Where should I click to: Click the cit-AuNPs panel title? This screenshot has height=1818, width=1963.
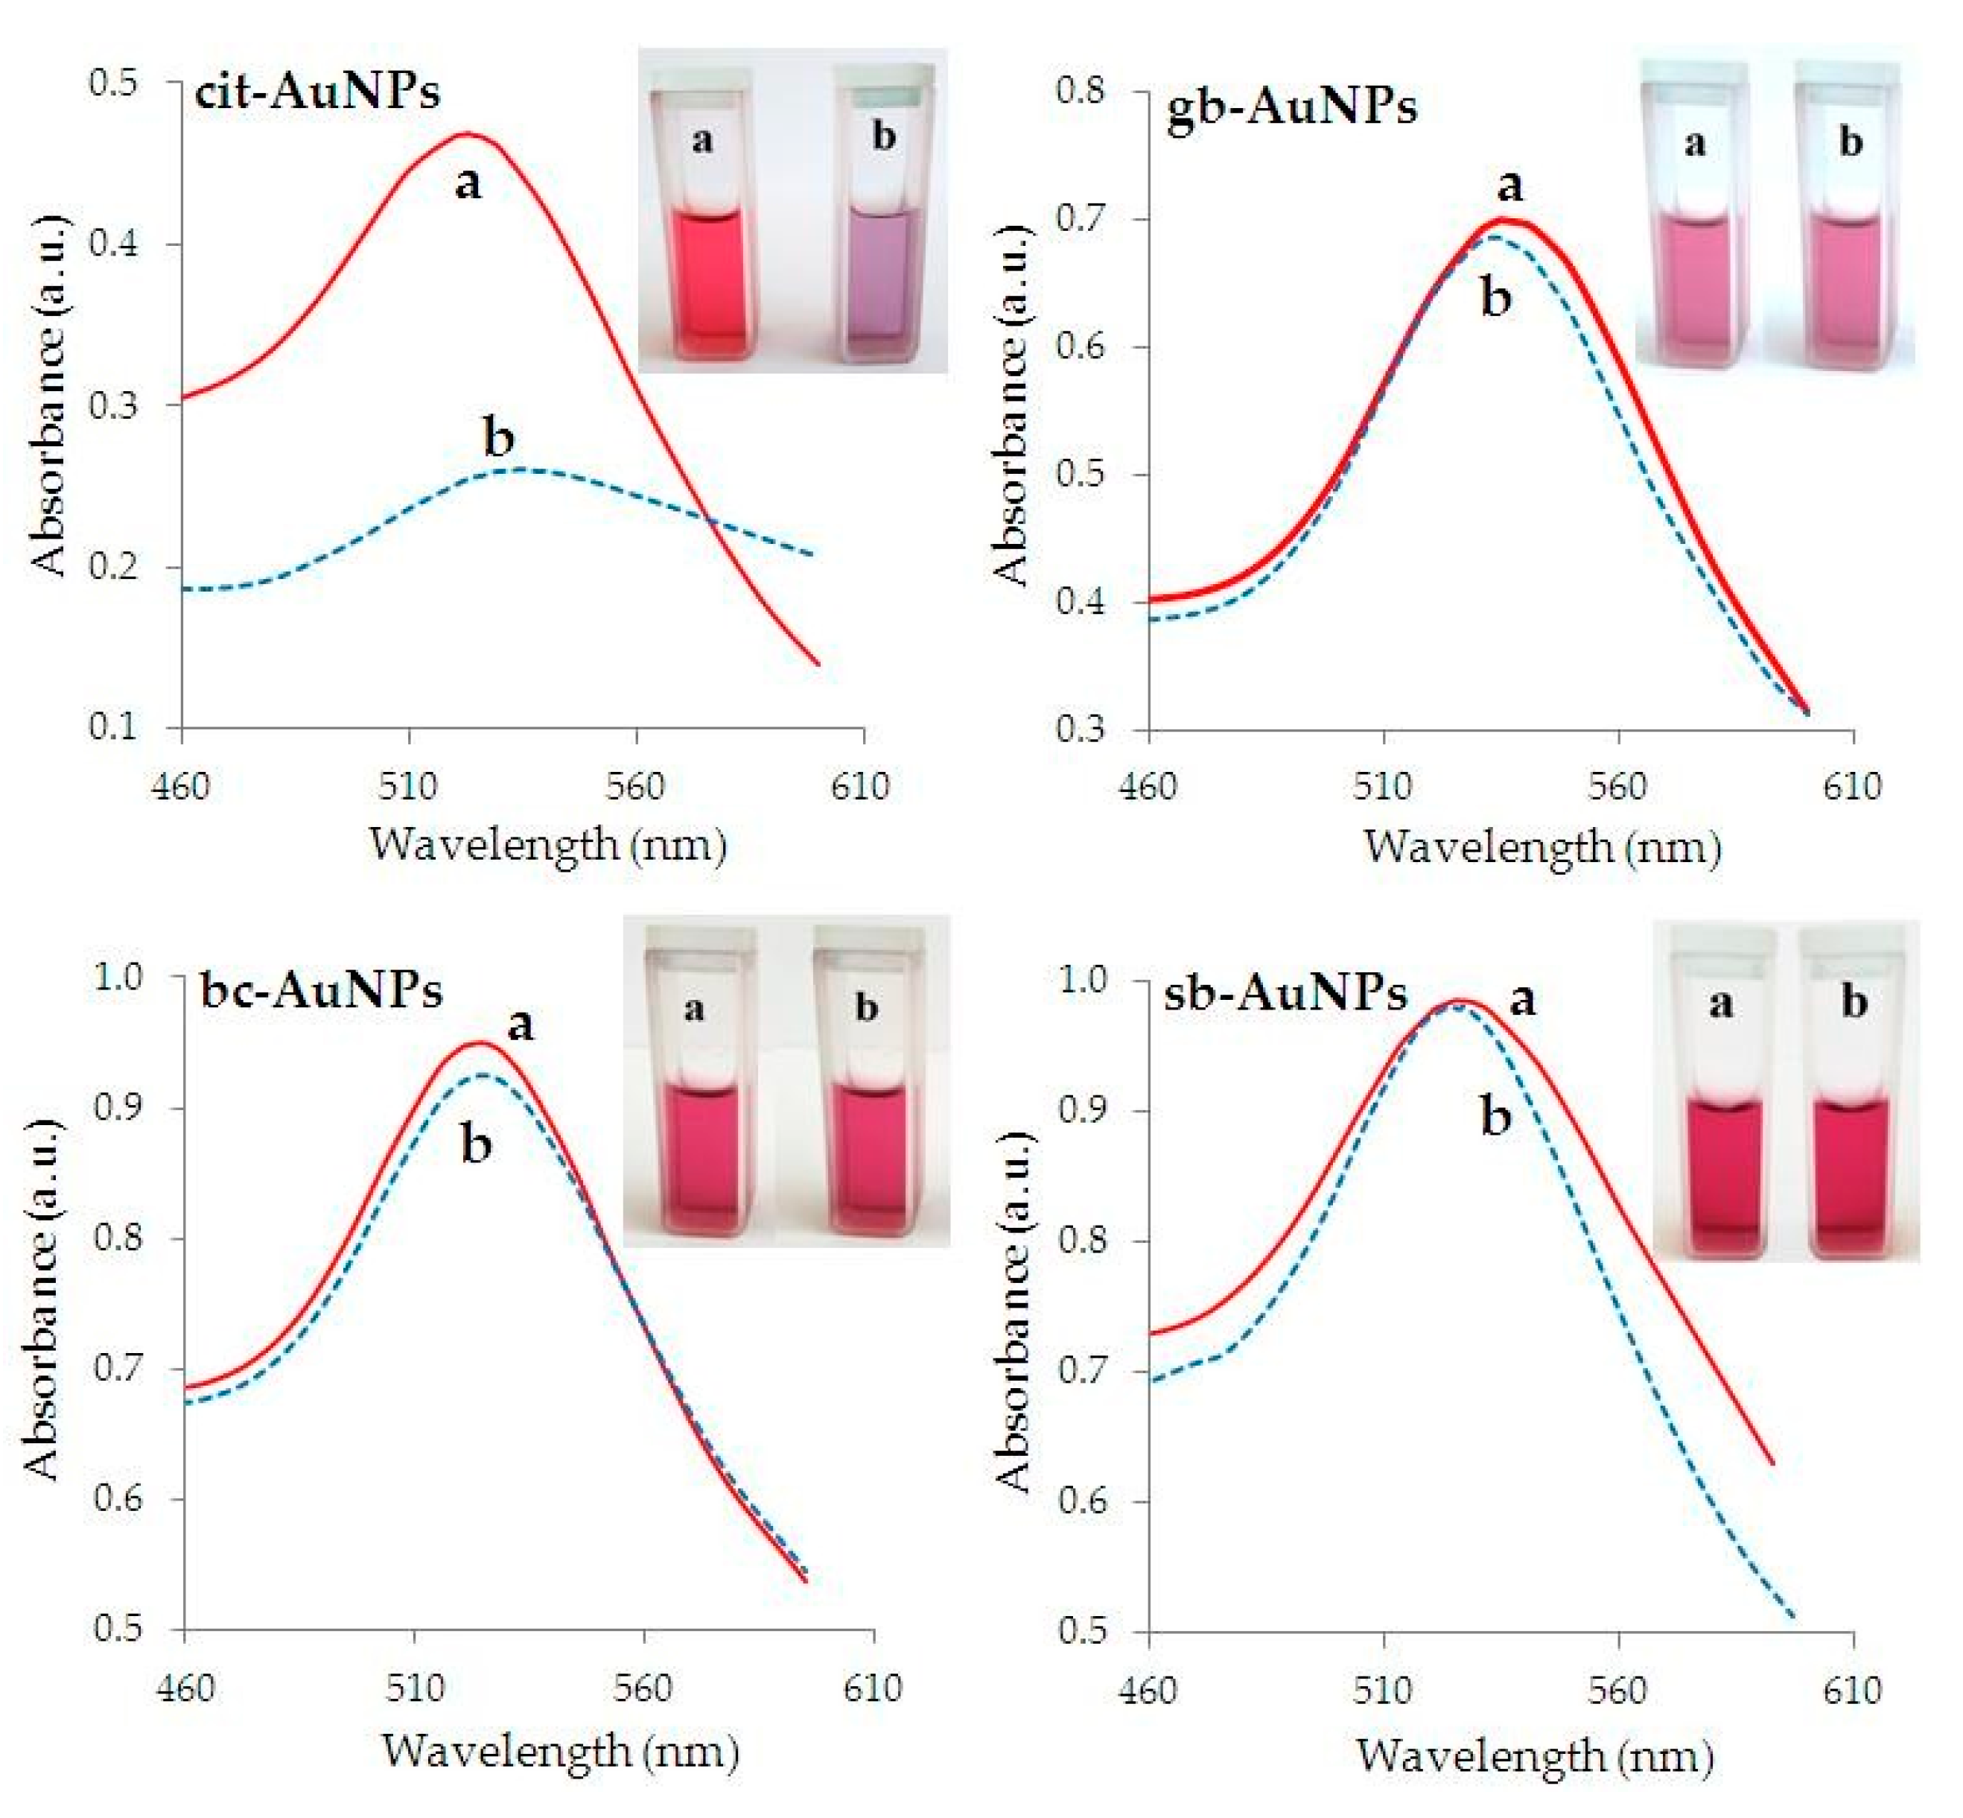pos(316,92)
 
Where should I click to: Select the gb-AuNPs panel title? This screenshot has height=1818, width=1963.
pos(1291,107)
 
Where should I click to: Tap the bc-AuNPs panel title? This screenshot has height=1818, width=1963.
pos(321,989)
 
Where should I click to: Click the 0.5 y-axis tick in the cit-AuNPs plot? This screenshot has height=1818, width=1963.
pos(113,83)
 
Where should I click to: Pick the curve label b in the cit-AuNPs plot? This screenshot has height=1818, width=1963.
pos(499,437)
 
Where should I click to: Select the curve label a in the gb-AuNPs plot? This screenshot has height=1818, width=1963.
pos(1509,184)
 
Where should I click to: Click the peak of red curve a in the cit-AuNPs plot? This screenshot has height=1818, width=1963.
pos(468,134)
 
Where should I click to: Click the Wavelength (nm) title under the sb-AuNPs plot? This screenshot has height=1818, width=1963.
pos(1534,1755)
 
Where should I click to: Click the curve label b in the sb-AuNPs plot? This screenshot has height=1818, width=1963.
pos(1495,1118)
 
